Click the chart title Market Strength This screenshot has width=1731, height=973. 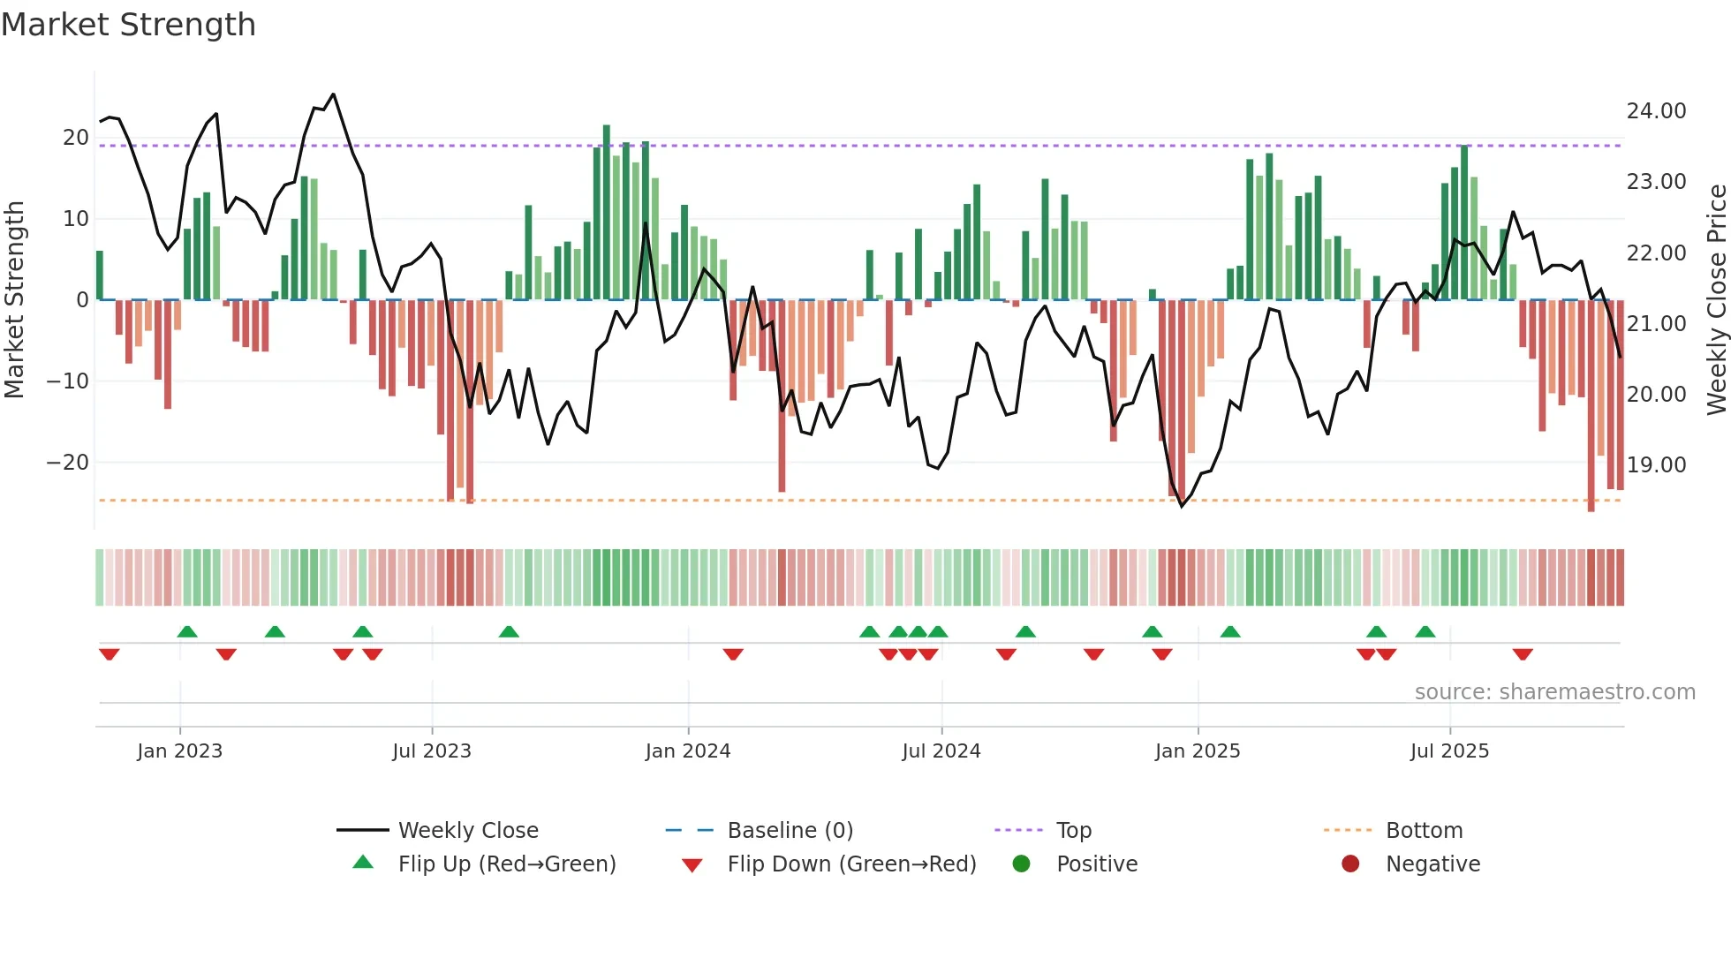[128, 25]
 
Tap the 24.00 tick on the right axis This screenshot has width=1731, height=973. [1656, 111]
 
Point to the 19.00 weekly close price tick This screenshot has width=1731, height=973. [1656, 465]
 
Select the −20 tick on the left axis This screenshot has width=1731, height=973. [68, 463]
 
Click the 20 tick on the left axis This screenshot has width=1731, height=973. [76, 138]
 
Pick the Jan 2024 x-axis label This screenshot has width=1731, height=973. [688, 751]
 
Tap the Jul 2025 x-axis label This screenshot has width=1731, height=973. [1449, 751]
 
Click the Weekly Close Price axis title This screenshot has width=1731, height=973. [1716, 299]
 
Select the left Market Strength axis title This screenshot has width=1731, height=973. [14, 299]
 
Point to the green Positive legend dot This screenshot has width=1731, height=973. [1022, 864]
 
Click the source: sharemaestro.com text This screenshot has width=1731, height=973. [1554, 692]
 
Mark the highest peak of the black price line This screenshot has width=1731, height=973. [333, 94]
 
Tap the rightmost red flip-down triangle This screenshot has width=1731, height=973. [1523, 654]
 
